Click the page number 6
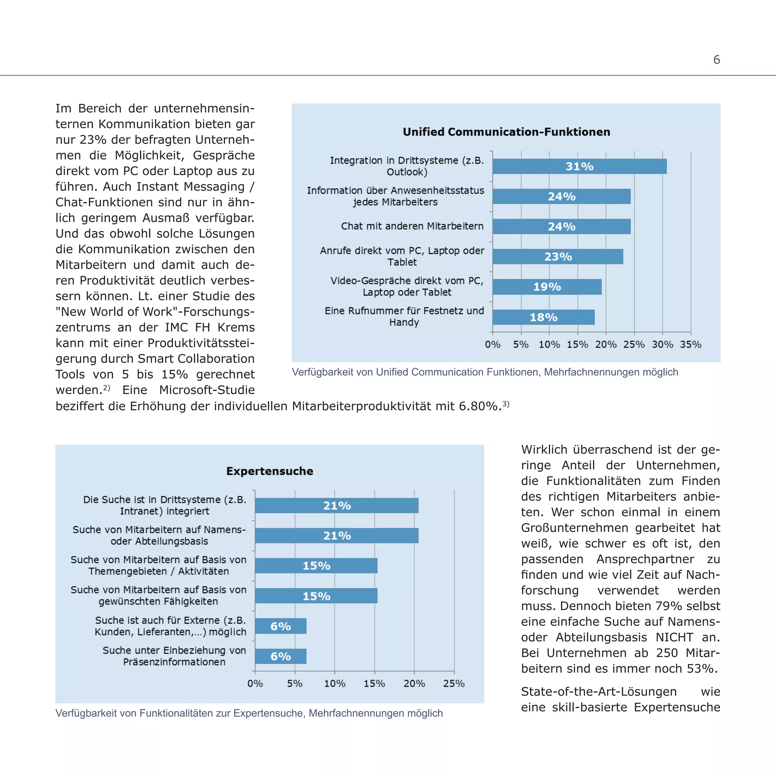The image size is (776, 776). click(x=717, y=60)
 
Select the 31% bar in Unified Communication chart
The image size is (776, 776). click(x=579, y=166)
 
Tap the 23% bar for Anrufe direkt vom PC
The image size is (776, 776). click(x=557, y=257)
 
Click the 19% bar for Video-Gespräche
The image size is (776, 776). click(x=547, y=287)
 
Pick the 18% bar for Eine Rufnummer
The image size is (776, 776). click(x=543, y=317)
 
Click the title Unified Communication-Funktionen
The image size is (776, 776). click(x=506, y=132)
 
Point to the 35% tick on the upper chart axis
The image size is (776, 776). click(x=690, y=344)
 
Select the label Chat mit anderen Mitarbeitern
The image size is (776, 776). click(x=412, y=226)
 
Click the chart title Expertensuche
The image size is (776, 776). click(x=269, y=471)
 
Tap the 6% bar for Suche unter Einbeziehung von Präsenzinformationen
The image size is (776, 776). click(x=280, y=656)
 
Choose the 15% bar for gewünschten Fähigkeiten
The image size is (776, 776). click(x=316, y=596)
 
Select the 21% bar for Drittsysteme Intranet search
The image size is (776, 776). click(x=336, y=506)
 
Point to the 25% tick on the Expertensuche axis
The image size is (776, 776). click(x=454, y=684)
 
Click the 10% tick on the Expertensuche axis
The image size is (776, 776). click(x=335, y=684)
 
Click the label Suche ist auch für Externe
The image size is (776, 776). click(x=170, y=626)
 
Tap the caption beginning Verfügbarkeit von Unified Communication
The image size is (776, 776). click(x=485, y=372)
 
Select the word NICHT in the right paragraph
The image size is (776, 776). click(x=674, y=637)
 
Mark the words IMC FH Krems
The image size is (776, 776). click(x=209, y=327)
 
